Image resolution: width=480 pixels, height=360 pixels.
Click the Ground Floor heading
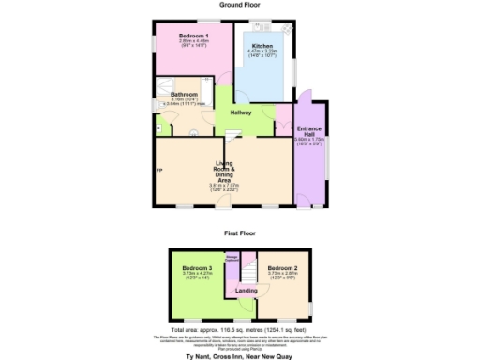click(239, 5)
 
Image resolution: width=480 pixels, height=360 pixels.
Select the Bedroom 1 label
click(194, 36)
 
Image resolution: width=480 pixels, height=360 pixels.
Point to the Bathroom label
click(184, 95)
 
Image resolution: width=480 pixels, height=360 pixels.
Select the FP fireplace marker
click(159, 169)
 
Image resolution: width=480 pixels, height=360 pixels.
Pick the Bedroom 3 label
click(197, 267)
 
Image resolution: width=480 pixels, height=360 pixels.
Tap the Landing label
click(246, 291)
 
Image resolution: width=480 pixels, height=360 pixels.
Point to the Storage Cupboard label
click(232, 258)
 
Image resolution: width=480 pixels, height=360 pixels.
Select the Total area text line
click(239, 331)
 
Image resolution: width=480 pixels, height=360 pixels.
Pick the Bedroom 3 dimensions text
click(197, 275)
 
